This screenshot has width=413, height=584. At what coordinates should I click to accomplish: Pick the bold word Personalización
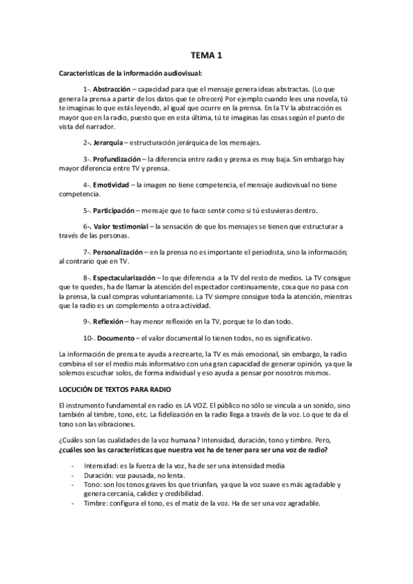[x=118, y=252]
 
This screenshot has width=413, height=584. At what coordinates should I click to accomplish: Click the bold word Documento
[x=114, y=337]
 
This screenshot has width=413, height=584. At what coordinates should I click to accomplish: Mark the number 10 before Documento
[x=86, y=337]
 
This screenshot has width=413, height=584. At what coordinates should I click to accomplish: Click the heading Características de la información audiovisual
[x=130, y=73]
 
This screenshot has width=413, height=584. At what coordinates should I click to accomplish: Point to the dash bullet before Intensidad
[x=73, y=467]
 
